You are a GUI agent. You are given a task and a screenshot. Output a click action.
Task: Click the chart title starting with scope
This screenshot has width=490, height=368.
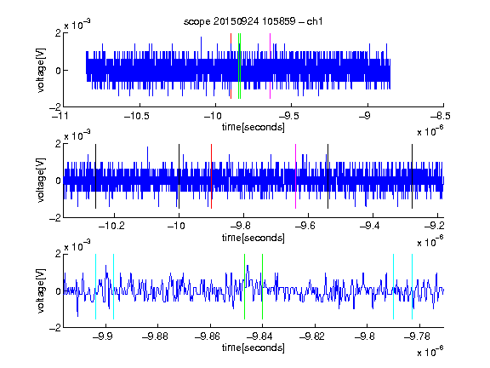pyautogui.click(x=254, y=21)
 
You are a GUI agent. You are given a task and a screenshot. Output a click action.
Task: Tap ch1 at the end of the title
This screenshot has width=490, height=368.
pyautogui.click(x=315, y=21)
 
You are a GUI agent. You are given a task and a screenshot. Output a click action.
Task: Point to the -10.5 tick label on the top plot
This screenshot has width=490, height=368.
pyautogui.click(x=137, y=116)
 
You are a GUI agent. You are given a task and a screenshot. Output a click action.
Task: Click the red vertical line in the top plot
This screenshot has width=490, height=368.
pyautogui.click(x=231, y=66)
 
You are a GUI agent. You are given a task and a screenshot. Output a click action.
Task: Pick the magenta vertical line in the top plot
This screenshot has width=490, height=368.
pyautogui.click(x=270, y=66)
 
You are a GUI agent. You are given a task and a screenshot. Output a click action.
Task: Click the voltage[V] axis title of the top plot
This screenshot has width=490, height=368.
pyautogui.click(x=41, y=70)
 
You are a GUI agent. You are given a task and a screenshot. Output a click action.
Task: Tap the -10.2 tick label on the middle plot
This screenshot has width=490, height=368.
pyautogui.click(x=111, y=225)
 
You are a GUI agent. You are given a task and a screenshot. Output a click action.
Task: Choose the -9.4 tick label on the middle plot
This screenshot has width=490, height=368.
pyautogui.click(x=370, y=225)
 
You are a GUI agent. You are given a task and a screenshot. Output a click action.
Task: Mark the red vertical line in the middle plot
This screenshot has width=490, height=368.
pyautogui.click(x=211, y=176)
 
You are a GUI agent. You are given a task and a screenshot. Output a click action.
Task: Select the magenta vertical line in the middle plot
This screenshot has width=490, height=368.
pyautogui.click(x=296, y=176)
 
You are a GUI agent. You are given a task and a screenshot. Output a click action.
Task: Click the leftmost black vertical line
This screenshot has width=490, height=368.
pyautogui.click(x=95, y=176)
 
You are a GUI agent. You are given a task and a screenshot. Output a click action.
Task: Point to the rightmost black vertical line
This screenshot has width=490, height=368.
pyautogui.click(x=413, y=176)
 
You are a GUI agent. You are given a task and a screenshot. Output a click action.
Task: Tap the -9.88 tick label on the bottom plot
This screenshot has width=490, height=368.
pyautogui.click(x=155, y=336)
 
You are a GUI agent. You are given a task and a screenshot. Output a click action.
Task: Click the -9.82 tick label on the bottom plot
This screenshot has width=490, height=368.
pyautogui.click(x=312, y=336)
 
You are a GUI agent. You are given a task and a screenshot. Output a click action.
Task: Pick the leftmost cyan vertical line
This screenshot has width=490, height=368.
pyautogui.click(x=95, y=286)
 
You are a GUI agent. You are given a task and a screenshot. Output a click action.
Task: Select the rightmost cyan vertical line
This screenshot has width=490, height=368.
pyautogui.click(x=413, y=286)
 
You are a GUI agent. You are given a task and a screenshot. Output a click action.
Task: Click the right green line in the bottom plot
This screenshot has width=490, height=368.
pyautogui.click(x=263, y=286)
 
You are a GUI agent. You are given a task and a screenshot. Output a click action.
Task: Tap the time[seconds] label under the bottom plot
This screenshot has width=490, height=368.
pyautogui.click(x=254, y=348)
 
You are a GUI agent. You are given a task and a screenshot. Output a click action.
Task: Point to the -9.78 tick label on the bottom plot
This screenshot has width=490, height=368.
pyautogui.click(x=417, y=336)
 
